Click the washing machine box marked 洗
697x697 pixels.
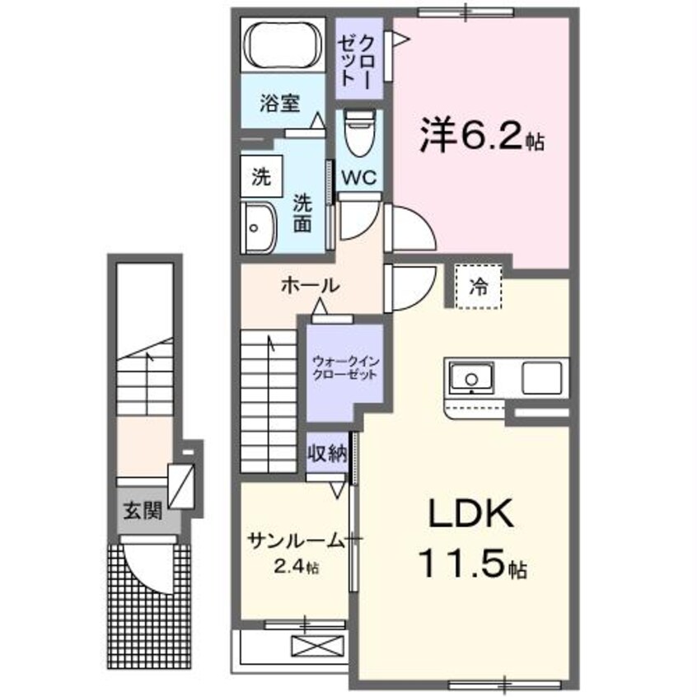pyautogui.click(x=261, y=175)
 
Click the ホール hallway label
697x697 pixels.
pyautogui.click(x=310, y=285)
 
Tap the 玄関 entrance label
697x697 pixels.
pyautogui.click(x=143, y=510)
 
